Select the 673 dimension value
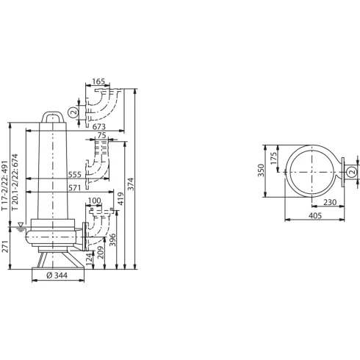coord(99,126)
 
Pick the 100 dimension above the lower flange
coord(94,201)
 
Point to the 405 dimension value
coord(314,217)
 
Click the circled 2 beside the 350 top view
coord(351,172)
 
